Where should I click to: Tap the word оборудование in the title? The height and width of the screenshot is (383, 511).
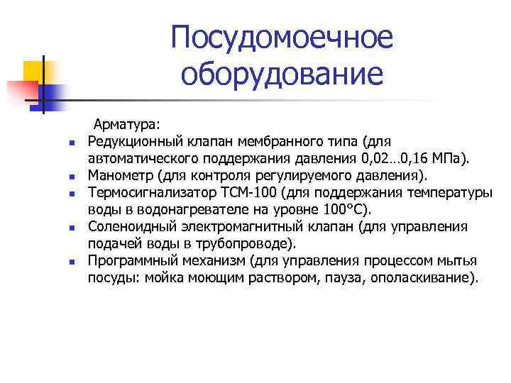[x=281, y=73]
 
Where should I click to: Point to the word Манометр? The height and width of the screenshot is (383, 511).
[x=116, y=174]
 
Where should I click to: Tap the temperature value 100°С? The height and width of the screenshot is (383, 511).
[x=344, y=209]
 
